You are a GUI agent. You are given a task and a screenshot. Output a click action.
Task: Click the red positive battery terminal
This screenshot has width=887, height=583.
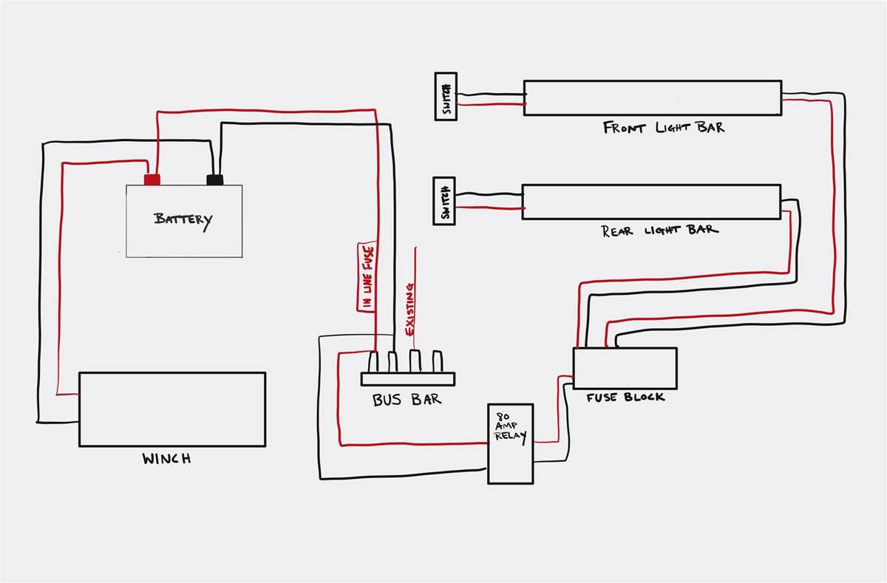152,180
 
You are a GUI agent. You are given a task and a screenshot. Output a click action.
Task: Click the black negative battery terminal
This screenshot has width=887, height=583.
215,180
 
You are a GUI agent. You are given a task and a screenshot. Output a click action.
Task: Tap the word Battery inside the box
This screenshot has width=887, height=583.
183,219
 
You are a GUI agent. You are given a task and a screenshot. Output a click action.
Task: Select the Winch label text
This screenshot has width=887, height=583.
166,459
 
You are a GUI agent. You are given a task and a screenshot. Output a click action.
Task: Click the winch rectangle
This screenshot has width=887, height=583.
171,409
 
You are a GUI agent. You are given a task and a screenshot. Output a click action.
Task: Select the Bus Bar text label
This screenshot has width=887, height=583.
407,400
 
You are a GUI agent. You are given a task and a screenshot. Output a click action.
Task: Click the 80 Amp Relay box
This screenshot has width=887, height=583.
510,443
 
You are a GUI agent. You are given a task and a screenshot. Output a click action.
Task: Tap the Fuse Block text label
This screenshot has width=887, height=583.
625,398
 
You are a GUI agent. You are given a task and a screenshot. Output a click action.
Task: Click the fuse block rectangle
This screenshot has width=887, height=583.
625,368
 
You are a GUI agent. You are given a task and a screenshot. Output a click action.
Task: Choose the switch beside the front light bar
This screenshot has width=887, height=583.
445,96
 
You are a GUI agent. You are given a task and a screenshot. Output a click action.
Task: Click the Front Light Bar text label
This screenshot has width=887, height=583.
663,128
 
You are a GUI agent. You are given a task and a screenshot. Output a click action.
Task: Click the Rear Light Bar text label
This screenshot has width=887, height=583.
659,230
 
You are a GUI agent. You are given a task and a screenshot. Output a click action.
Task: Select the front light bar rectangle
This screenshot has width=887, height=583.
652,98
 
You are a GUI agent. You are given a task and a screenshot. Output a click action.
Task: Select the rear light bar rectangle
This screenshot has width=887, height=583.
650,202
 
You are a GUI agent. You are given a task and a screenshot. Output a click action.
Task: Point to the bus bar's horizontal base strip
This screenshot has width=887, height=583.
409,379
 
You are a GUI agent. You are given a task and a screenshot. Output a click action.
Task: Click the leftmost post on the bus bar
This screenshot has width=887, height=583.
373,362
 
